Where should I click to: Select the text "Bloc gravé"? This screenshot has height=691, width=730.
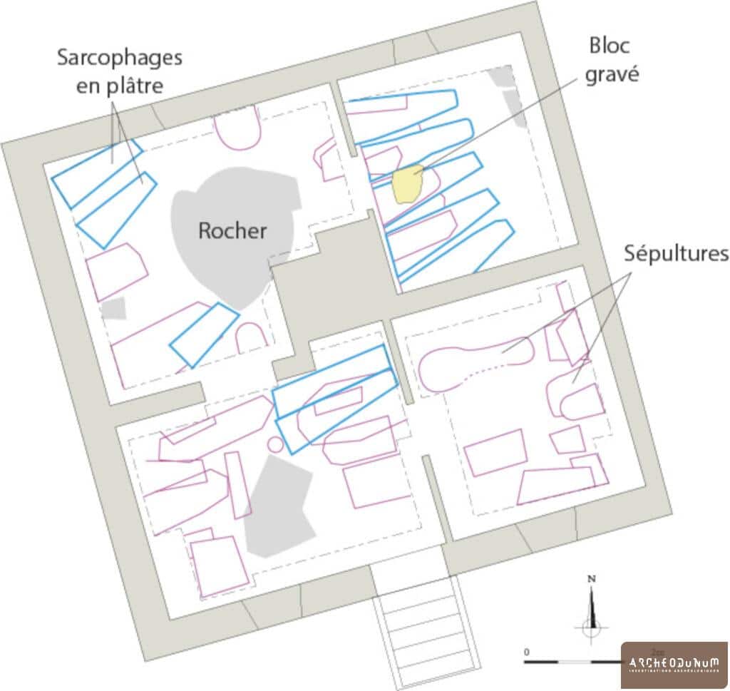609,60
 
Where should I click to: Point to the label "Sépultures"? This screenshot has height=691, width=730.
675,253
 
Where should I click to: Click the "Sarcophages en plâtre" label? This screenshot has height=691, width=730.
120,71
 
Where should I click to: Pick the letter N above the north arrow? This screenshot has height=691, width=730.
591,578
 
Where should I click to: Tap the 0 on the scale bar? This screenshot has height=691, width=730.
526,652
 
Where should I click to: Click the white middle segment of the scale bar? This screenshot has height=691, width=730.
574,662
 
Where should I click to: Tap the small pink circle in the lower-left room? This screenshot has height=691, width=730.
275,445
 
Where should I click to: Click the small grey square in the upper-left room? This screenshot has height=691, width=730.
113,309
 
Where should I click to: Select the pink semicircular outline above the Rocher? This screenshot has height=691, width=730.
237,129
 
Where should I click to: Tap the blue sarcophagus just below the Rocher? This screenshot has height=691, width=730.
204,334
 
